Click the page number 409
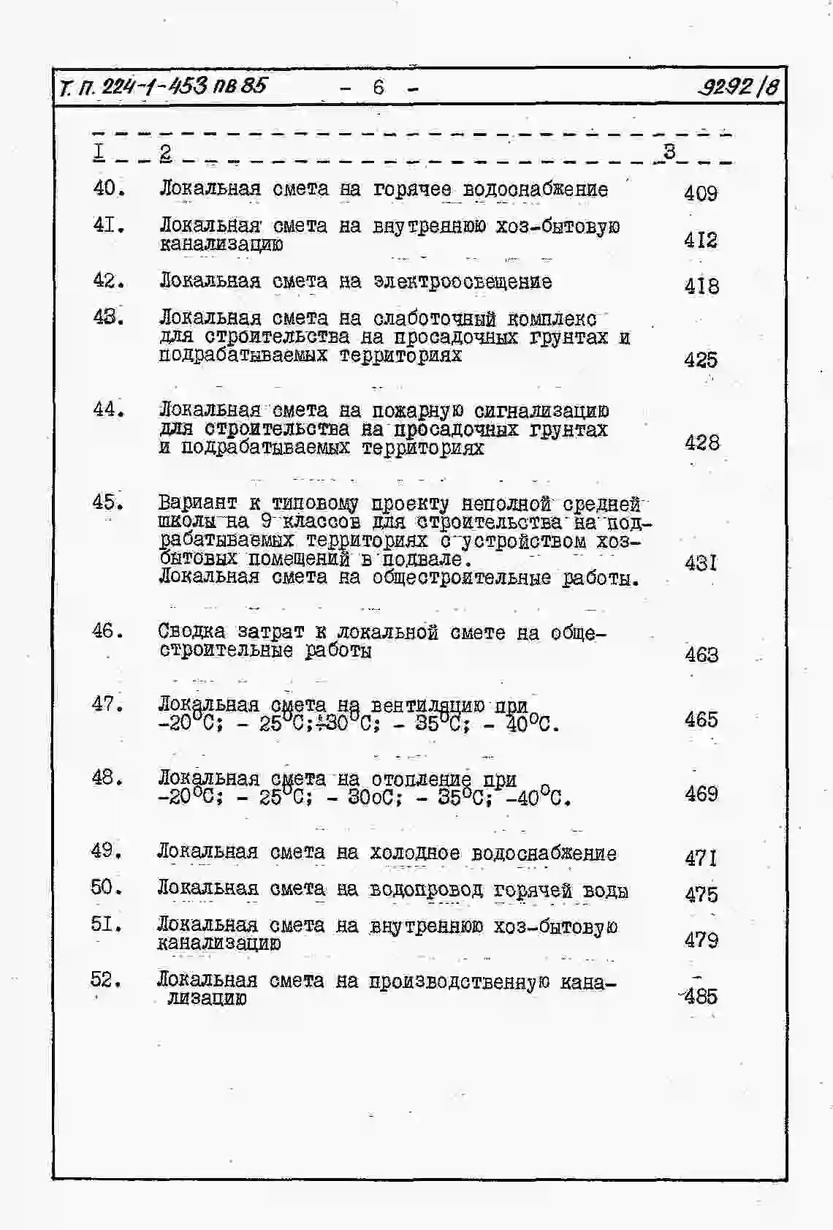point(700,193)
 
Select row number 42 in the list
point(108,281)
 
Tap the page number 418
point(701,286)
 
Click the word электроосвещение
point(463,282)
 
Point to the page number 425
point(701,360)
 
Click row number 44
point(108,410)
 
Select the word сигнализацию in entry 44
point(541,411)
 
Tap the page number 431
point(701,562)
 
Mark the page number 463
point(701,654)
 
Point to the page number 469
point(701,793)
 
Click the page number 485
point(701,996)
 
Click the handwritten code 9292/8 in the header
point(737,88)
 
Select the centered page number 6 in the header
point(379,87)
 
